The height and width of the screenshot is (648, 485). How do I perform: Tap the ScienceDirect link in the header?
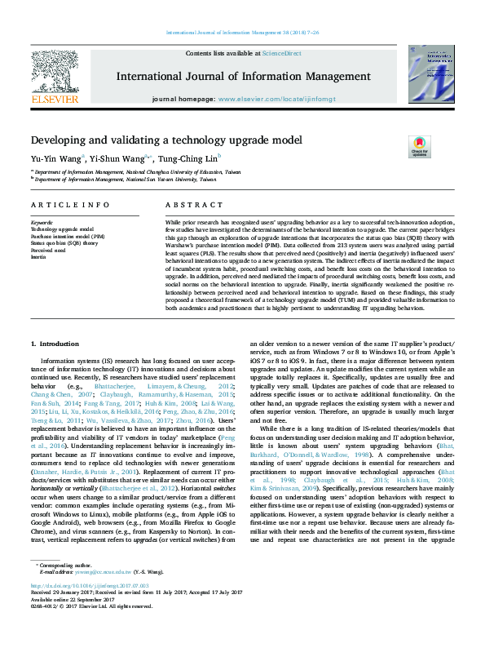coord(280,53)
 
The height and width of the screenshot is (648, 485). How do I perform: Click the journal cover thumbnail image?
coord(430,75)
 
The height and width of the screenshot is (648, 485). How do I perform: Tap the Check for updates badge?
coord(419,147)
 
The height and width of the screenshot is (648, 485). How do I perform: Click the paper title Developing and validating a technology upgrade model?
coord(166,140)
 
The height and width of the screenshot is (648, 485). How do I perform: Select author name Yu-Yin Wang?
coord(55,158)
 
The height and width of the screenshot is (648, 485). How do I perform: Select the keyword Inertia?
coord(38,256)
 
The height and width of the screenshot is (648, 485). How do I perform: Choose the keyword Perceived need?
coord(48,250)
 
